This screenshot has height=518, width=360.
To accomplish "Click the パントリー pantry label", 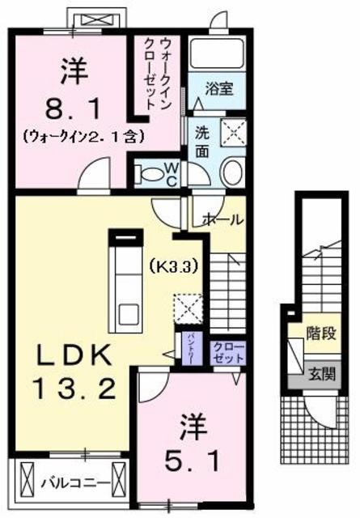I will pyautogui.click(x=184, y=346).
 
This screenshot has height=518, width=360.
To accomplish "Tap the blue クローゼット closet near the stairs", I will pyautogui.click(x=229, y=351).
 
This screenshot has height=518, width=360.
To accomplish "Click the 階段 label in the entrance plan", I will pyautogui.click(x=320, y=333).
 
